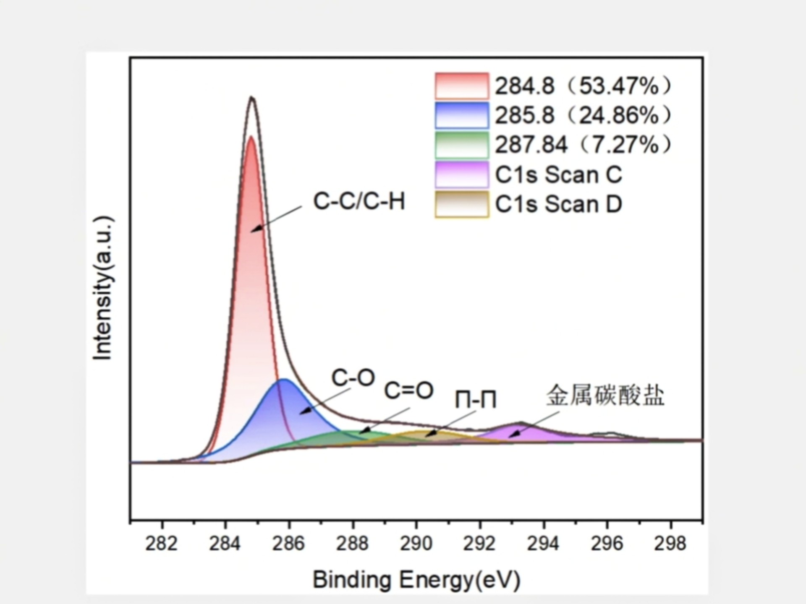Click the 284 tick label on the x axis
tap(225, 544)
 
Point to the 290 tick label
tap(416, 544)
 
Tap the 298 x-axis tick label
tap(670, 544)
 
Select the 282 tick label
tap(162, 544)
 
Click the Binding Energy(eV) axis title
tap(416, 580)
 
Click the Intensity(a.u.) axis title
tap(103, 288)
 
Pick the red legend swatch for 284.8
tap(462, 86)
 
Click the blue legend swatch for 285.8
tap(462, 115)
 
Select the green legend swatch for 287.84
tap(462, 145)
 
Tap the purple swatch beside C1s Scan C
tap(462, 174)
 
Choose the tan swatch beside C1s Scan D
tap(462, 204)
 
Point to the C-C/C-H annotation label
tap(359, 201)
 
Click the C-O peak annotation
tap(353, 378)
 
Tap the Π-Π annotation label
tap(476, 400)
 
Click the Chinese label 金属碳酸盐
tap(605, 396)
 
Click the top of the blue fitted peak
tap(284, 380)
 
